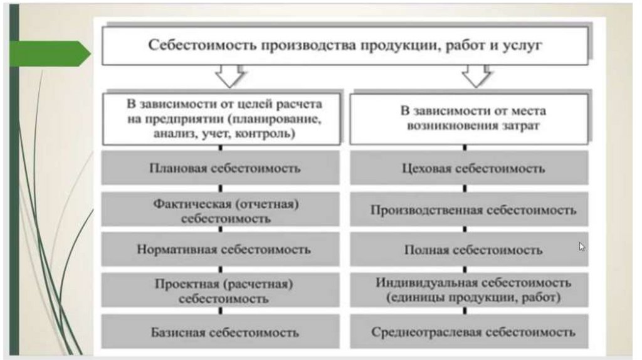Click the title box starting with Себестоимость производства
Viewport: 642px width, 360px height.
(x=345, y=46)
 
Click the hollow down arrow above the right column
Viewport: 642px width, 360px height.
(x=476, y=77)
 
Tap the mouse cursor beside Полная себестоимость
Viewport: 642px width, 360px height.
(x=582, y=246)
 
